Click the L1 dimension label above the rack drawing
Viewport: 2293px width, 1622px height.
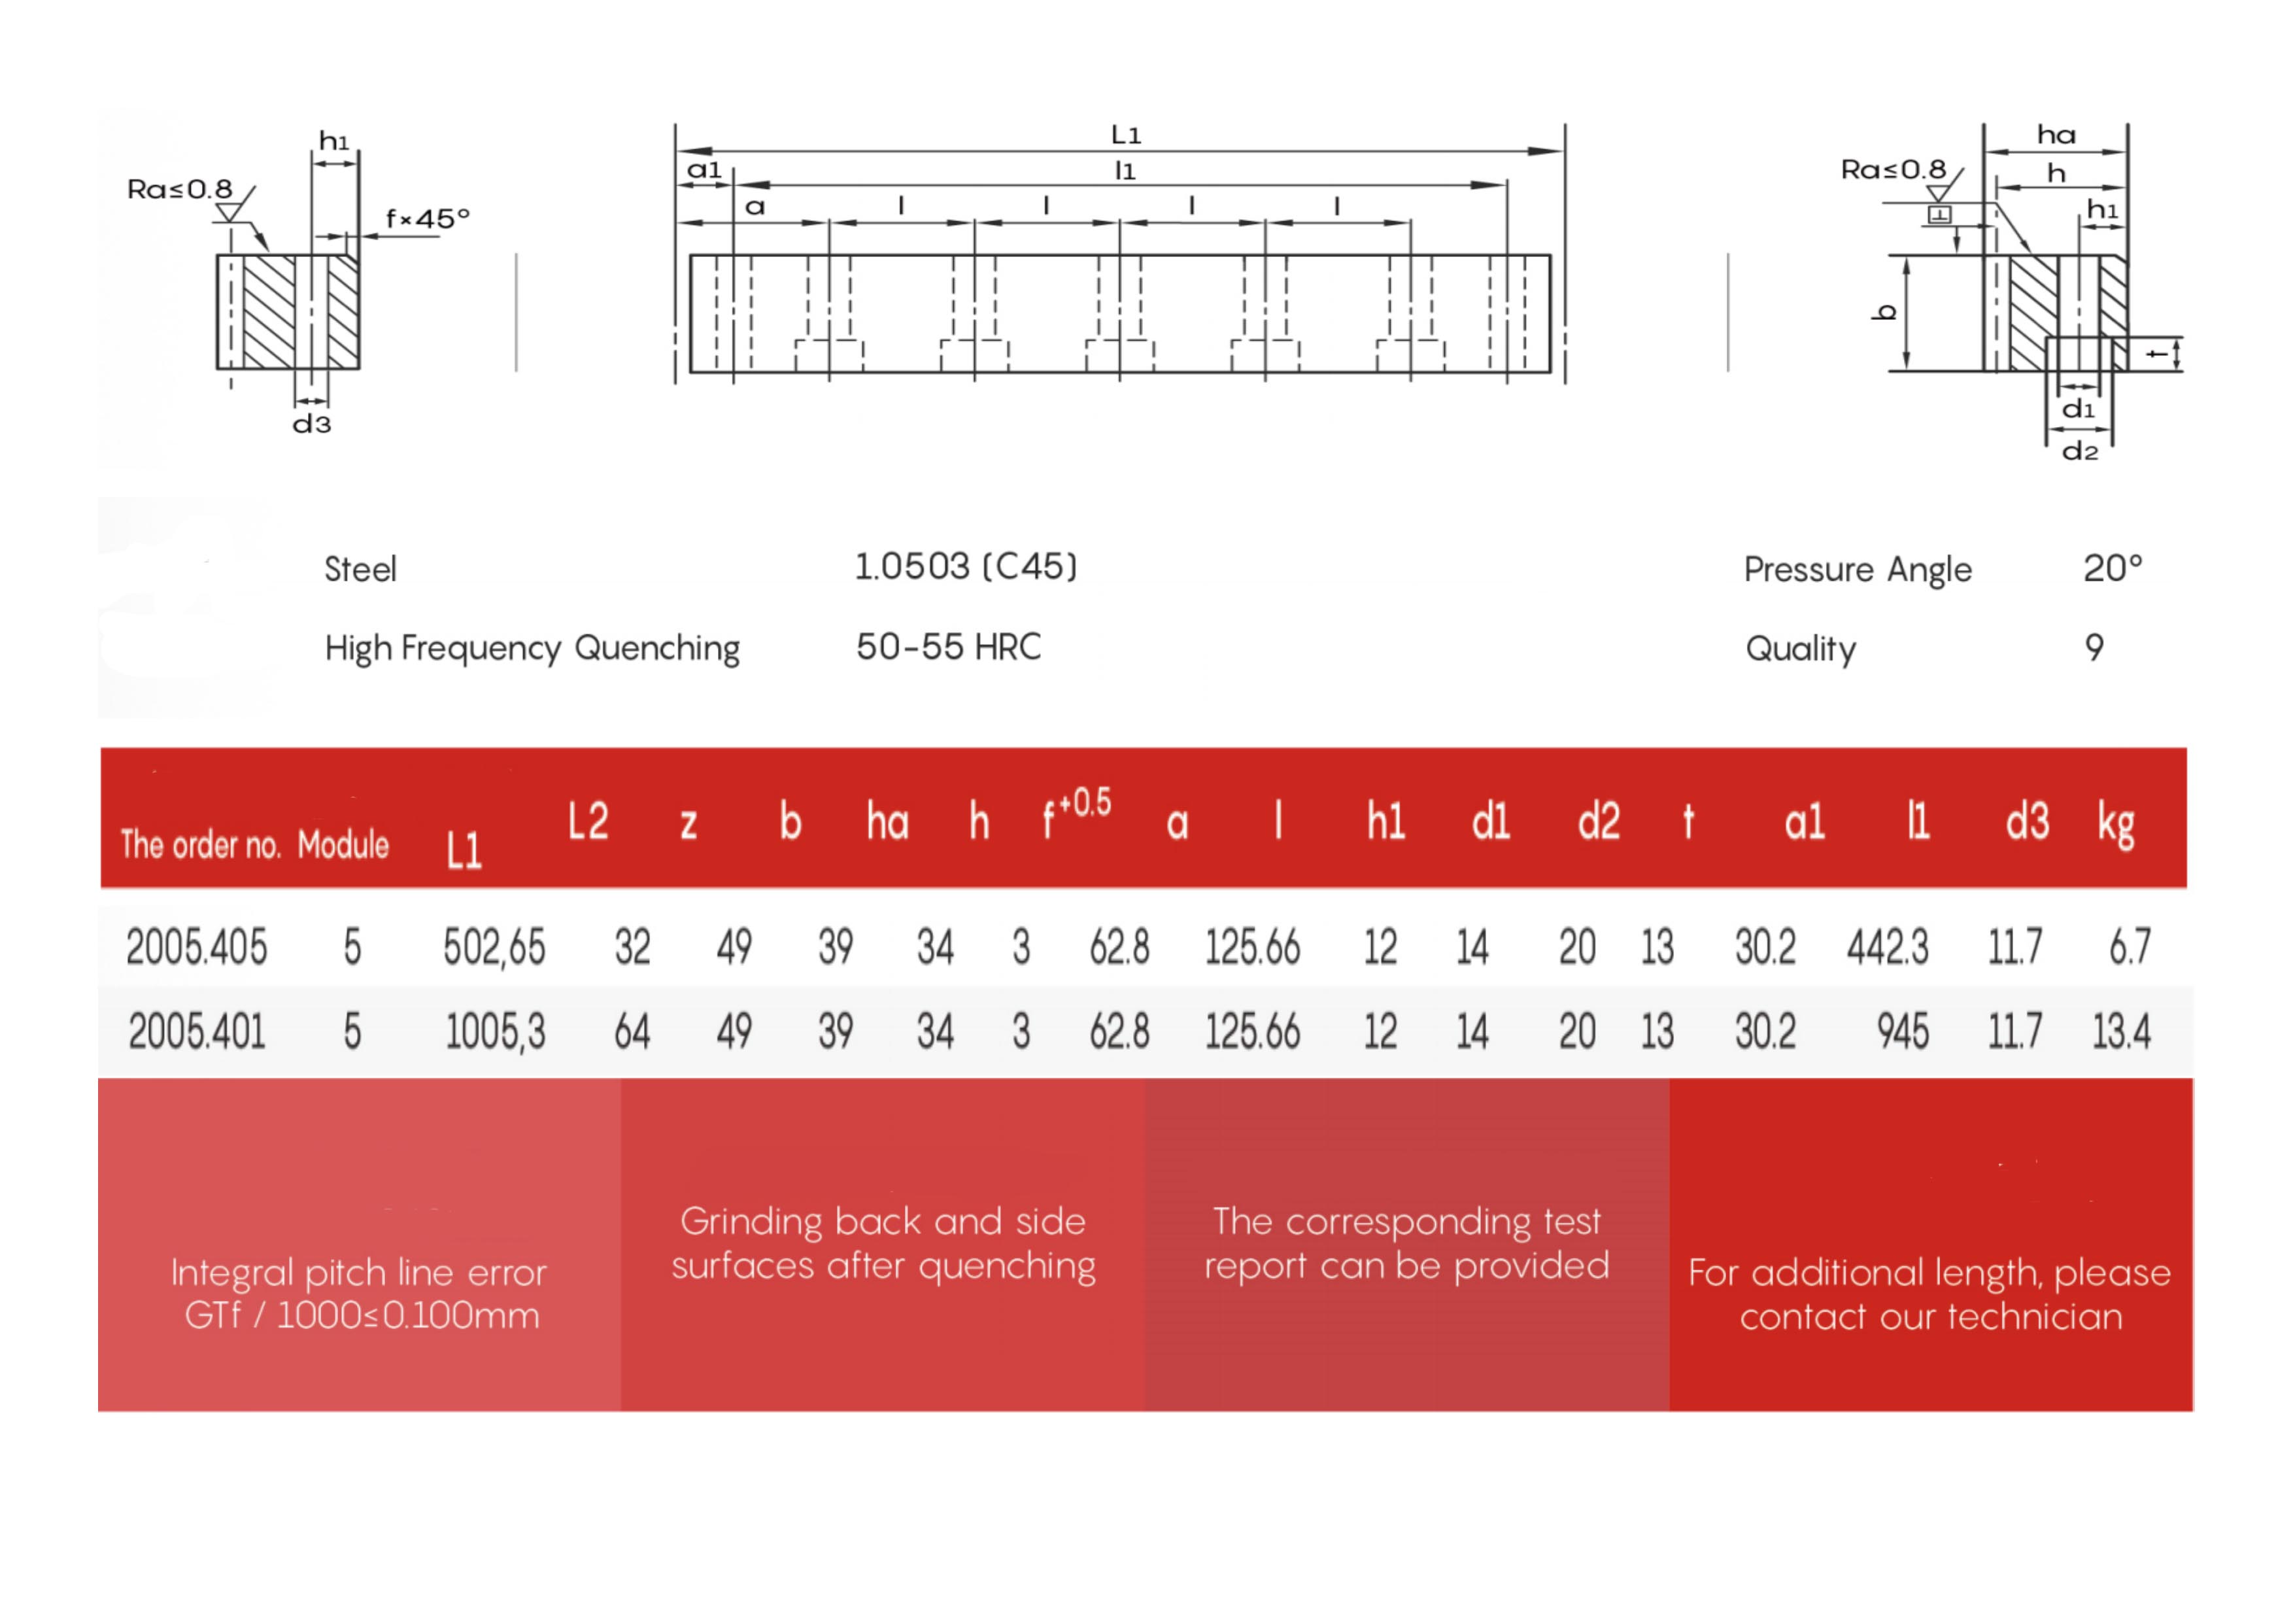(x=1125, y=134)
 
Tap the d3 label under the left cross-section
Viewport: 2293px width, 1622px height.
(x=312, y=424)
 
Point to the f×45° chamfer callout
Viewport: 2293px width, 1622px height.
(x=428, y=218)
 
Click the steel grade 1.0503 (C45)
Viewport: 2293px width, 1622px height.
(x=966, y=566)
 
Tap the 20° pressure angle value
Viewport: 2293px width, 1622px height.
(x=2113, y=568)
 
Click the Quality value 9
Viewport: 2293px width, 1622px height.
(x=2094, y=647)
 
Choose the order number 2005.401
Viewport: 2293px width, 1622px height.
(x=197, y=1031)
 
